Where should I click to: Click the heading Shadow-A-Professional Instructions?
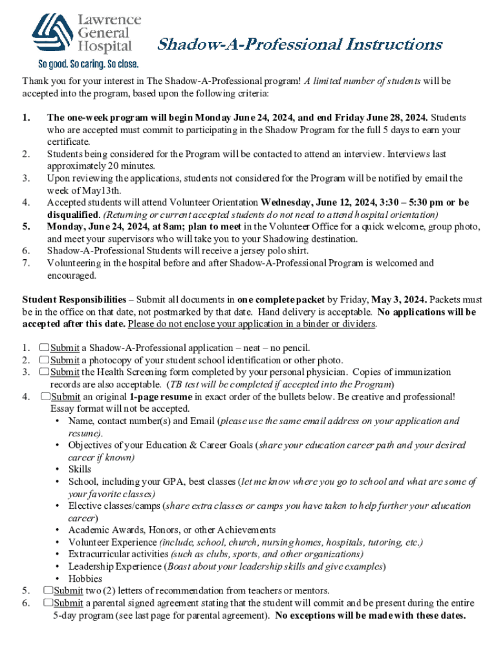300,45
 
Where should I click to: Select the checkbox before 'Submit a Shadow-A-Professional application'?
44,348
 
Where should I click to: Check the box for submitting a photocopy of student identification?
44,360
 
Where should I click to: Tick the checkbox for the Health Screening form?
44,372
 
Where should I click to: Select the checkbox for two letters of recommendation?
48,590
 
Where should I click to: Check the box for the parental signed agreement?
48,603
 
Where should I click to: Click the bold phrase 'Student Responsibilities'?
74,299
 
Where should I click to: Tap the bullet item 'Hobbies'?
85,579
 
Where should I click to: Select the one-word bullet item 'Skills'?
80,469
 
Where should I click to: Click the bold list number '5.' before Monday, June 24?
27,227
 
